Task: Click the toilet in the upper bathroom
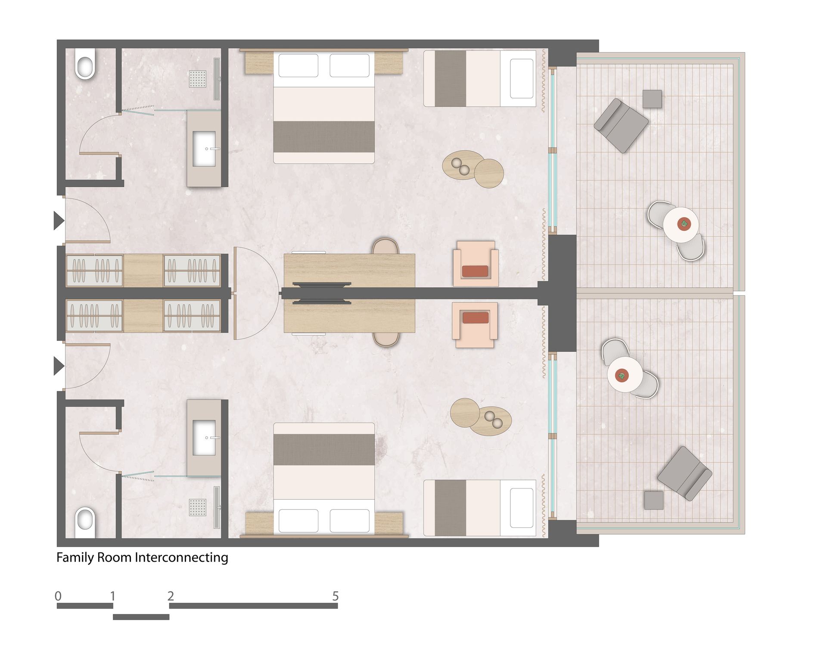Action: tap(85, 64)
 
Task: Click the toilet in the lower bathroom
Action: tap(85, 523)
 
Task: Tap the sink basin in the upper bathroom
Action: tap(204, 149)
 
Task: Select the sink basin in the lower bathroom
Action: tap(204, 438)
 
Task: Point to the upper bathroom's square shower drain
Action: tap(198, 78)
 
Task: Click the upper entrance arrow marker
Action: tap(59, 221)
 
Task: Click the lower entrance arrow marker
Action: tap(59, 366)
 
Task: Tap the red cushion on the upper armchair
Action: tap(475, 271)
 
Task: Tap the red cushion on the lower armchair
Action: tap(476, 317)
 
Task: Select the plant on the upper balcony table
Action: tap(684, 224)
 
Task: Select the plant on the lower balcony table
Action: tap(622, 375)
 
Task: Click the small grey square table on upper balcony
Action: tap(652, 99)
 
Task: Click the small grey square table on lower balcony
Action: tap(654, 500)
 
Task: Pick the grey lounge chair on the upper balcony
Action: tap(621, 125)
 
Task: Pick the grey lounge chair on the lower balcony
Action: tap(684, 473)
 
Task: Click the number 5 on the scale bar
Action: tap(336, 596)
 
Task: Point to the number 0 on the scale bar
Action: tap(58, 596)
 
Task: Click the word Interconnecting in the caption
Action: tap(181, 557)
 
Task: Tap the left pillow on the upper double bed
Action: tap(298, 65)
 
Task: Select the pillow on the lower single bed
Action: tap(522, 508)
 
